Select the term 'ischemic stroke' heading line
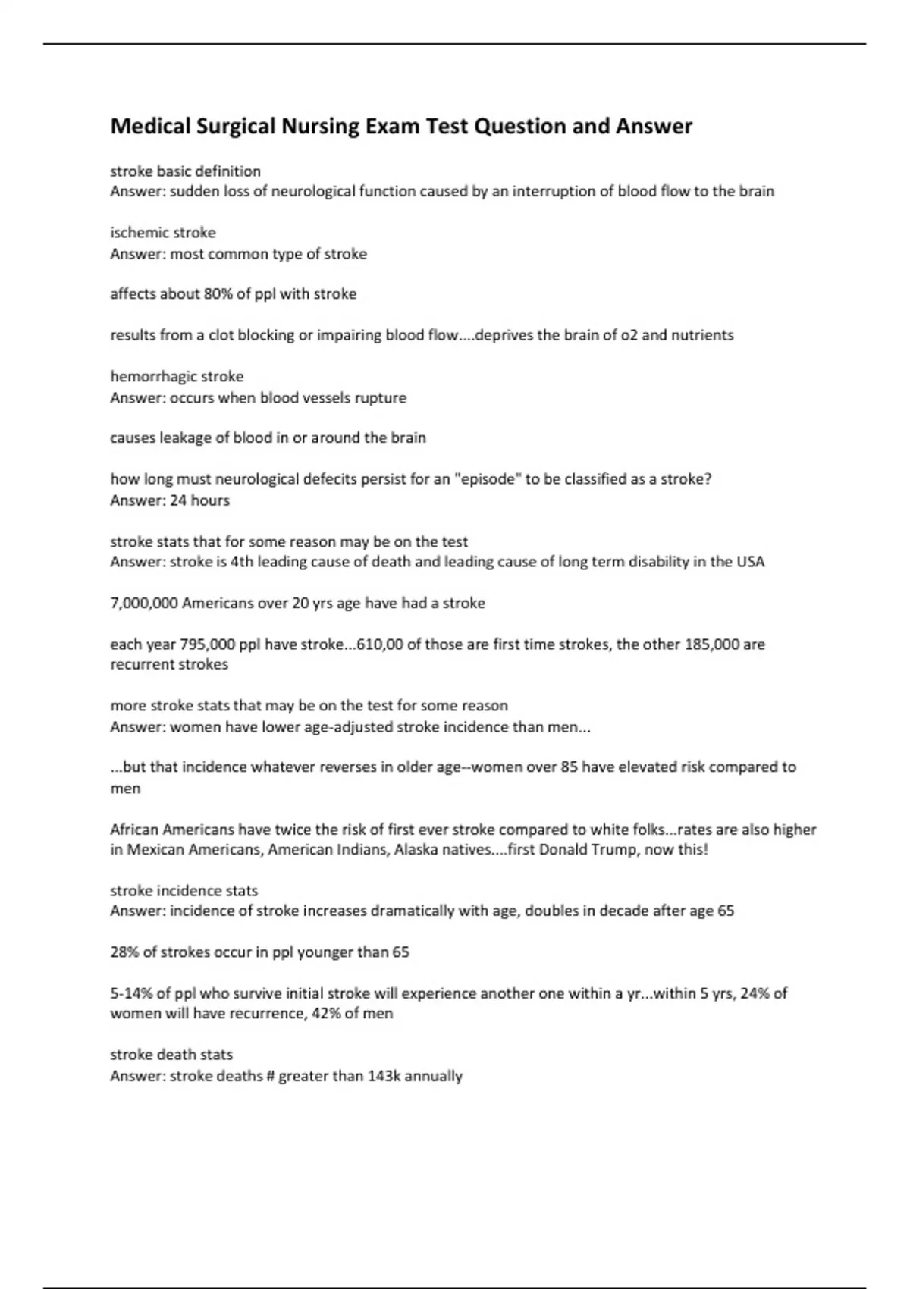point(163,233)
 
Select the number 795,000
point(207,644)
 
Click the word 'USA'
point(750,562)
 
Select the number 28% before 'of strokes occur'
point(125,952)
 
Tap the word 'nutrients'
point(701,335)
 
